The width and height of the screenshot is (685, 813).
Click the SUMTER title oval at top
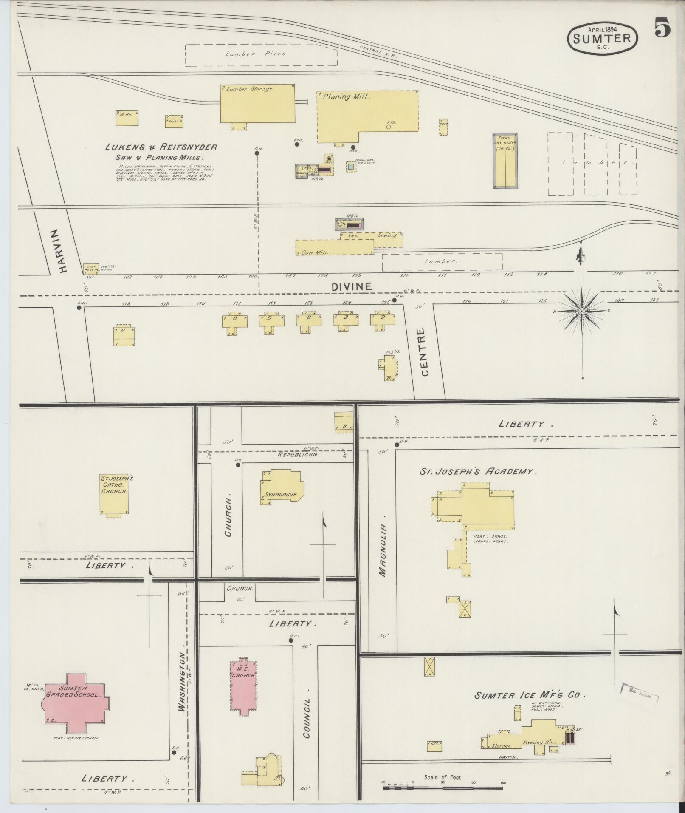coord(602,38)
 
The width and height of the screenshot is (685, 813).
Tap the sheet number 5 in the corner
coord(662,28)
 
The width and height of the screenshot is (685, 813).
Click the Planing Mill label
coord(347,96)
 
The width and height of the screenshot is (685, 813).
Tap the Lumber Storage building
coord(257,103)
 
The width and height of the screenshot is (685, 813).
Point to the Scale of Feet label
coord(443,778)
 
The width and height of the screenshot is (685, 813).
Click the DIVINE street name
coord(351,286)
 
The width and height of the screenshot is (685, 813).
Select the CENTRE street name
coord(425,352)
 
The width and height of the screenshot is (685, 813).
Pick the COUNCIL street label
coord(307,718)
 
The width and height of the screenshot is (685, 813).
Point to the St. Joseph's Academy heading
coord(478,471)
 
